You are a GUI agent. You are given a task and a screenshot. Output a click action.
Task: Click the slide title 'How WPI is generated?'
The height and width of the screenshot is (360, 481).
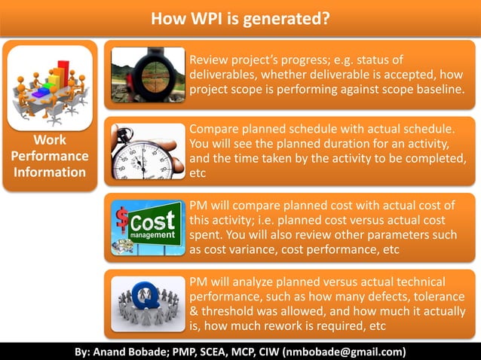[x=240, y=17]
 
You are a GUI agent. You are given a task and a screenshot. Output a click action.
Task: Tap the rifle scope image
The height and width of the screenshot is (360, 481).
[x=148, y=75]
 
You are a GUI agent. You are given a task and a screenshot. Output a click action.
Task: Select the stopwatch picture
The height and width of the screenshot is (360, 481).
[x=148, y=151]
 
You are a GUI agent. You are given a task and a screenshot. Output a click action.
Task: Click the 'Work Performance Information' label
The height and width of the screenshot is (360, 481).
[x=50, y=156]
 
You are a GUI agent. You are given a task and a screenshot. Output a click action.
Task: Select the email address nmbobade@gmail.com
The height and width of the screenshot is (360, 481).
[x=345, y=352]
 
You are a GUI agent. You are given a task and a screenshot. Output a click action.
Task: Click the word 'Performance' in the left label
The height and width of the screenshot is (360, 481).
[x=50, y=156]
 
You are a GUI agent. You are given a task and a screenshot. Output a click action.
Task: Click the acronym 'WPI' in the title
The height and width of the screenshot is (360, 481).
[x=201, y=17]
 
